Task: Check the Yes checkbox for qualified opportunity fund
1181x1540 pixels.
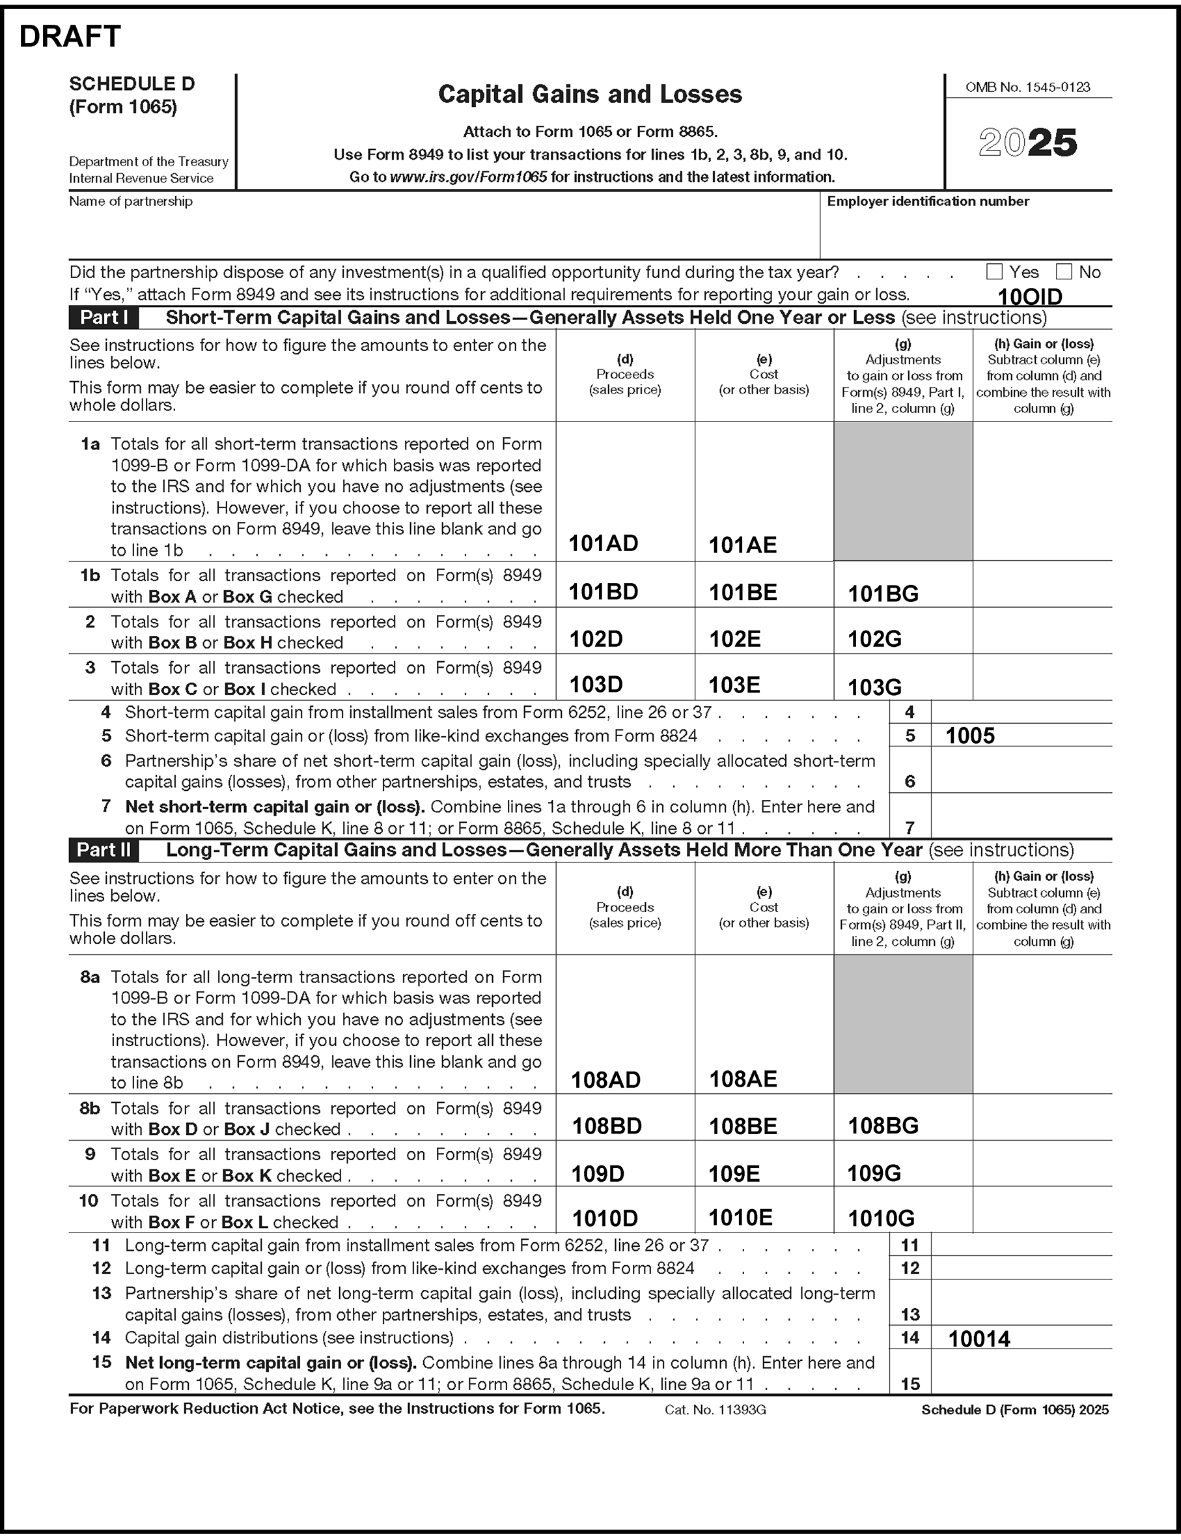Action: point(994,272)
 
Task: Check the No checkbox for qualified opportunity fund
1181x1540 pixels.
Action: point(1064,272)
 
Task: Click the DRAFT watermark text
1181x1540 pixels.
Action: point(70,36)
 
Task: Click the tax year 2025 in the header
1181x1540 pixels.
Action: point(1027,143)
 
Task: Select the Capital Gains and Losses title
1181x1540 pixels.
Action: point(590,94)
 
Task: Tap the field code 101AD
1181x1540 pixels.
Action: point(603,543)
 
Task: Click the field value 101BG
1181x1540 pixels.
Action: point(883,593)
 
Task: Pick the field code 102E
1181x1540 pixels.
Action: point(734,638)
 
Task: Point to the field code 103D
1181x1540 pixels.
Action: point(596,684)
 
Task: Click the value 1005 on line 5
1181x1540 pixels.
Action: point(970,735)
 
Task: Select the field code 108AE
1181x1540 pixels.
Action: point(743,1079)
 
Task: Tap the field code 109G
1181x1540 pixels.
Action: point(874,1173)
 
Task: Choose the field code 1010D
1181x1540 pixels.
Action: point(605,1218)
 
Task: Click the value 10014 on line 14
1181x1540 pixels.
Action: point(979,1339)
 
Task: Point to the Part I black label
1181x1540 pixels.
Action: point(104,318)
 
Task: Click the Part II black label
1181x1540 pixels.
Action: point(104,850)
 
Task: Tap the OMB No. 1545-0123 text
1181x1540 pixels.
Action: point(1028,87)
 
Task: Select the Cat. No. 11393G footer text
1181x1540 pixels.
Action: point(715,1410)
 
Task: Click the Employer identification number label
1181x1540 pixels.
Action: point(928,201)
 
